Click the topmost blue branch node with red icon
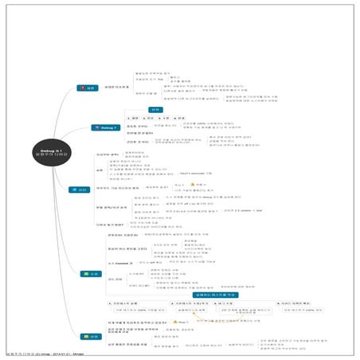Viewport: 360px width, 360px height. click(86, 88)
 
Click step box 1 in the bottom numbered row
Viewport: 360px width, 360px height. click(131, 304)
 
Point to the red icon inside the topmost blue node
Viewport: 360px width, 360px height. click(81, 88)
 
